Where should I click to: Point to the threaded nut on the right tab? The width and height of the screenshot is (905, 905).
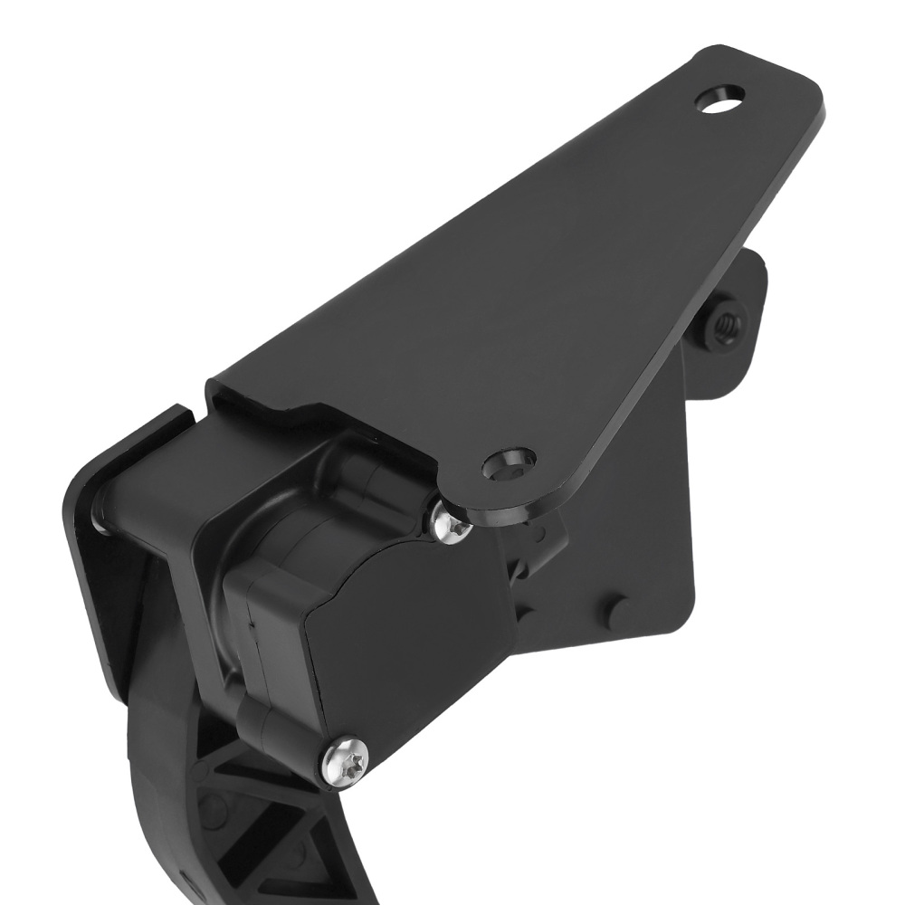[x=726, y=321]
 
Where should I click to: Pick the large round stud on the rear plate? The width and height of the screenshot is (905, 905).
[x=618, y=612]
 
